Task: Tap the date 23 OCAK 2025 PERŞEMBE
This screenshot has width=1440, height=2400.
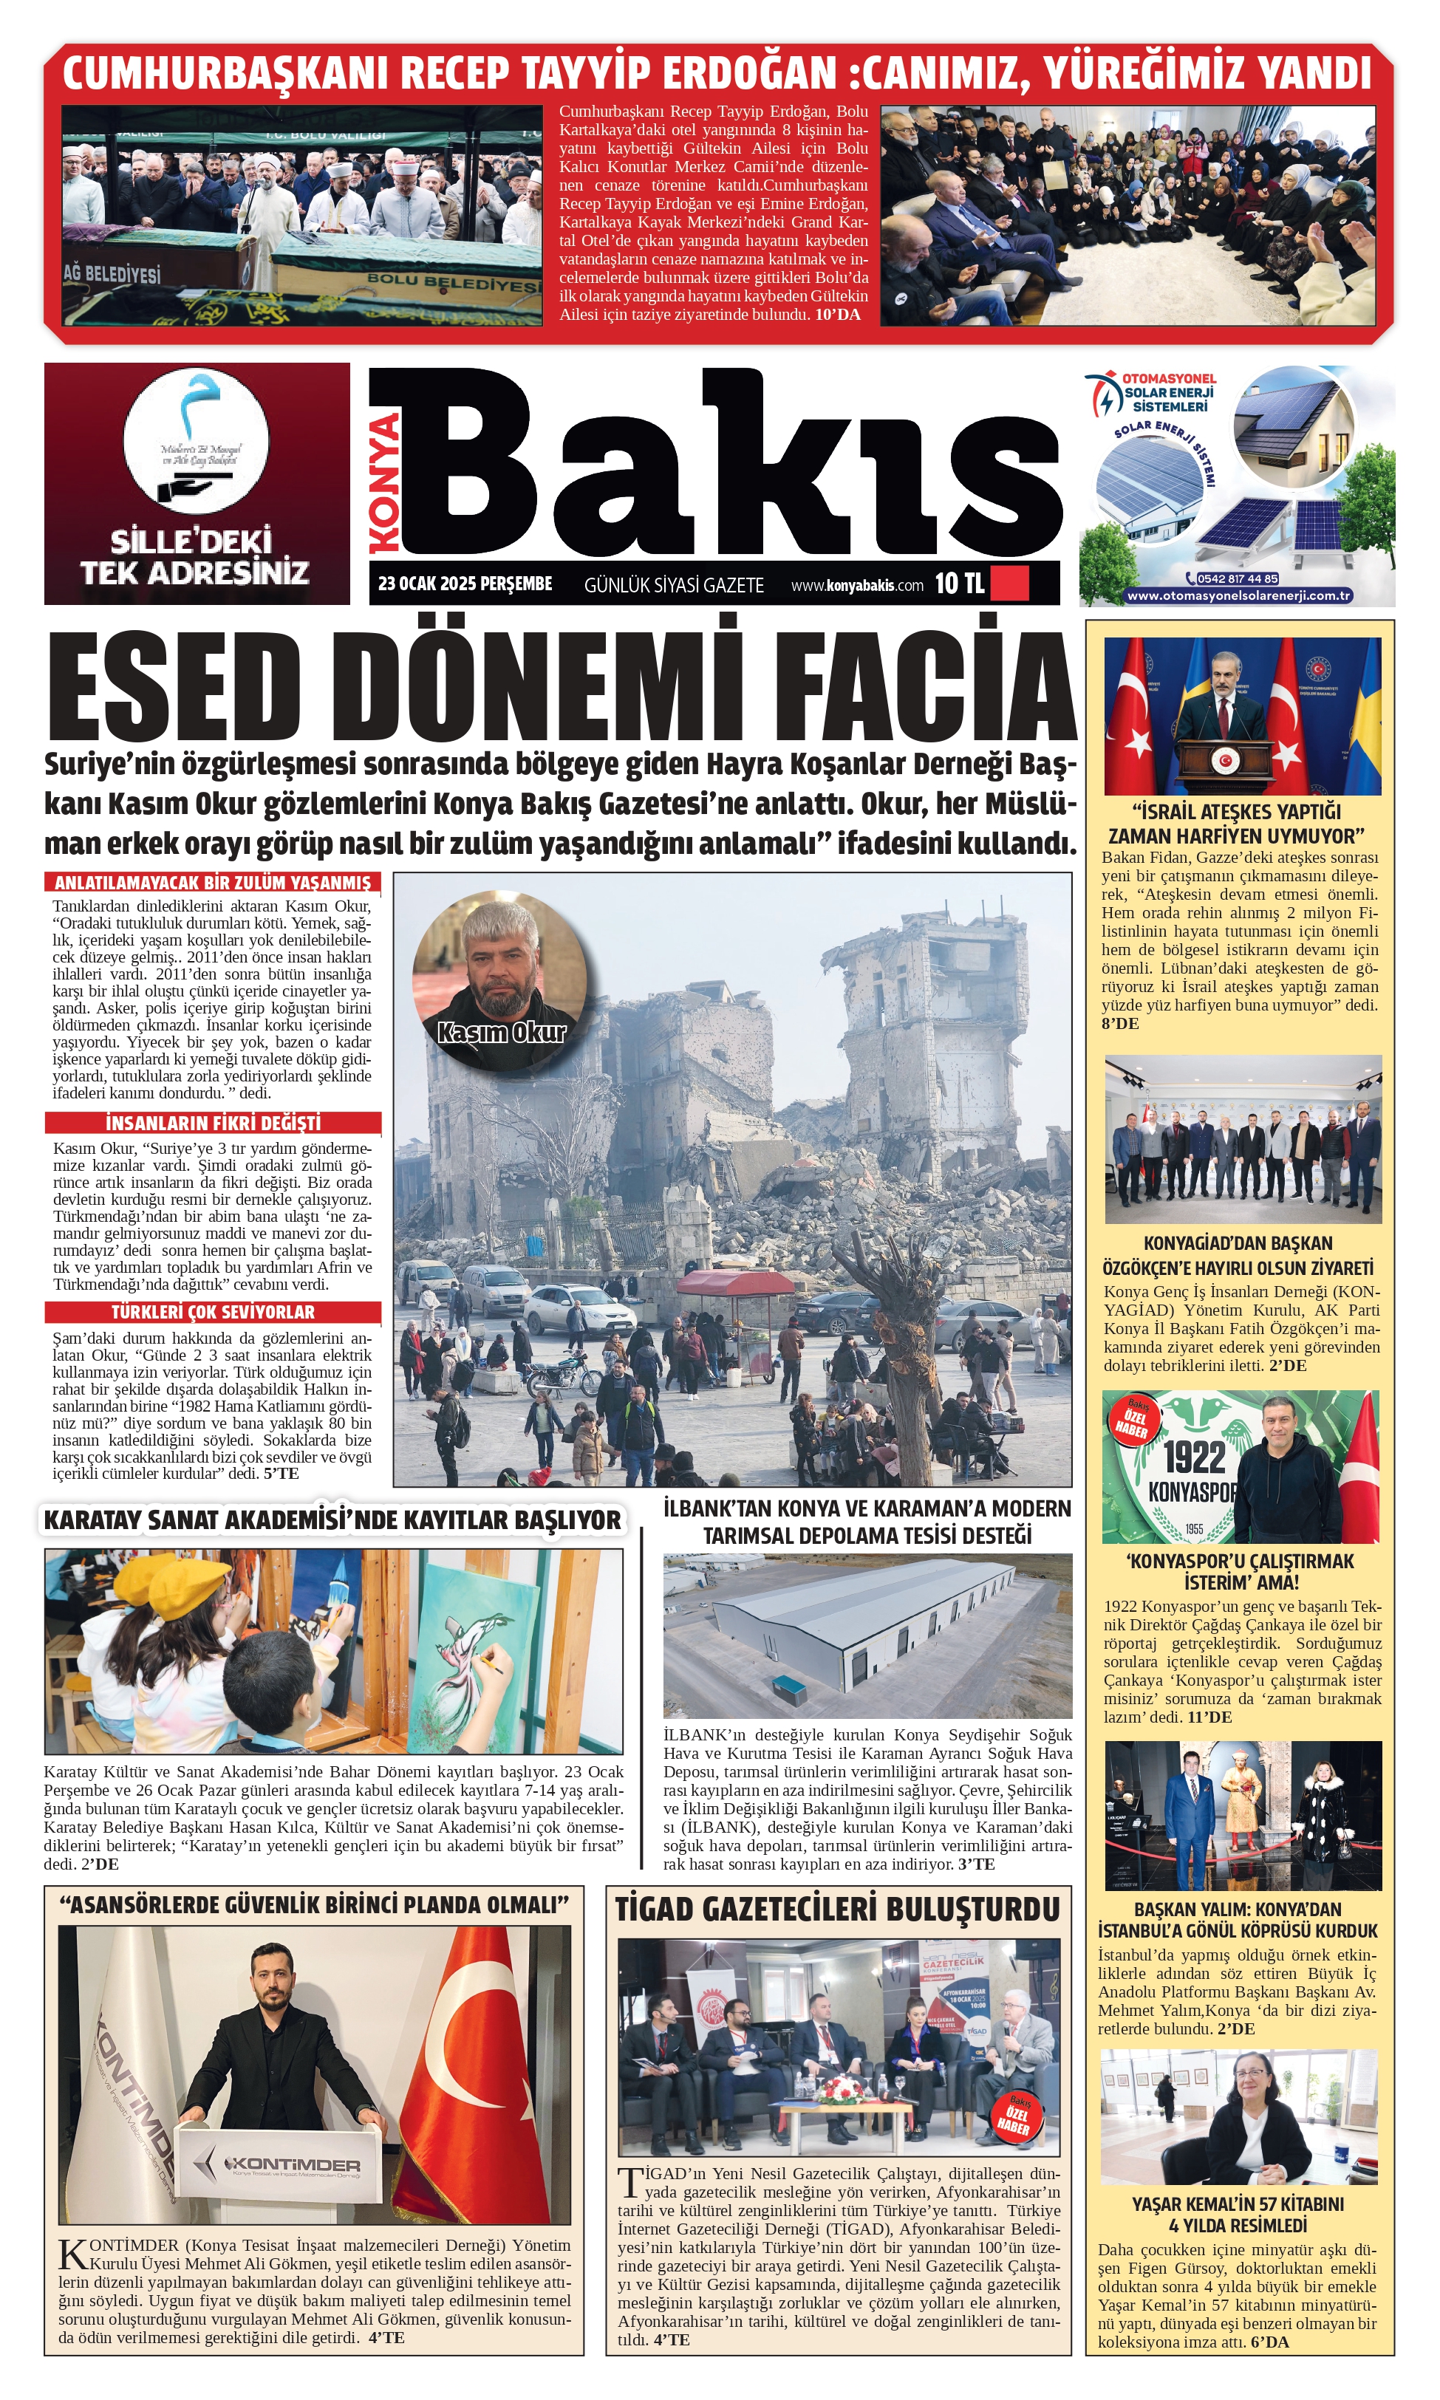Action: [x=465, y=584]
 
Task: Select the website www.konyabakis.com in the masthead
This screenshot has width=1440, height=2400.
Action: [x=857, y=585]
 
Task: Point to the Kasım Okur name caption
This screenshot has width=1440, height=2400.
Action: [x=501, y=1032]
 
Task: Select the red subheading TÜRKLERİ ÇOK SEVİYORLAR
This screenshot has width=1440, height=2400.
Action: [x=213, y=1312]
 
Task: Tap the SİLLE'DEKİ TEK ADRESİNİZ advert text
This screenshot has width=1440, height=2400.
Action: [x=195, y=558]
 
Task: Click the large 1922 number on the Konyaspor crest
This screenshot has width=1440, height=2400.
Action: [x=1195, y=1457]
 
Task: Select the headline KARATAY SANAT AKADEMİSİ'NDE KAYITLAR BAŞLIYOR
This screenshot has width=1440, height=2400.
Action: [x=332, y=1520]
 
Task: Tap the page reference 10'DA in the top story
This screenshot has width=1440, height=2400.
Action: [x=836, y=314]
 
